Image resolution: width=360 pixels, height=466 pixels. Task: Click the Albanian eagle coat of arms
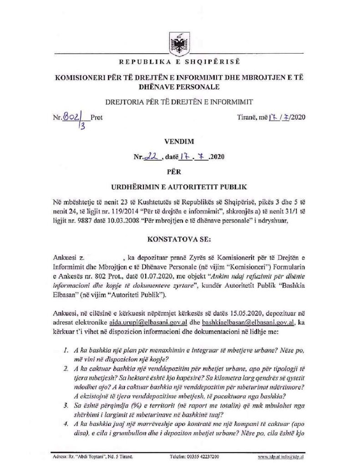click(x=180, y=42)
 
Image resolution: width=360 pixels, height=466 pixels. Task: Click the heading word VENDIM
click(x=180, y=142)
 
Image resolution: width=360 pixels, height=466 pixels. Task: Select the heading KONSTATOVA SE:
click(x=180, y=237)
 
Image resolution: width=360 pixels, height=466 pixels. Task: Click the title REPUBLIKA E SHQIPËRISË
click(x=180, y=61)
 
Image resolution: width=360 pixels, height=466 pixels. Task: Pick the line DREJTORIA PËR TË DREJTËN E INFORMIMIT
click(x=180, y=101)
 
